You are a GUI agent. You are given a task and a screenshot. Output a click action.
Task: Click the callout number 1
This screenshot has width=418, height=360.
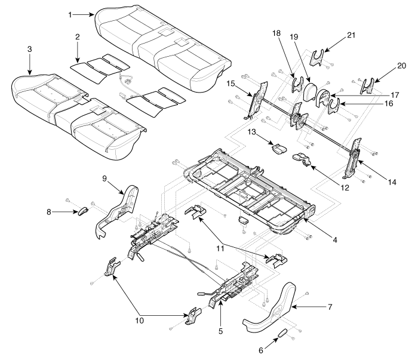coord(70,15)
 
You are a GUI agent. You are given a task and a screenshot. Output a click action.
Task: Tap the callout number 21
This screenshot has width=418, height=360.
coord(351,35)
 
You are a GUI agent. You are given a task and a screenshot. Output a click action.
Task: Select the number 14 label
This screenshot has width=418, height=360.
coord(392,182)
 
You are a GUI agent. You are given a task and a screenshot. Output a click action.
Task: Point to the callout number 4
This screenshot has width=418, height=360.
coord(335,240)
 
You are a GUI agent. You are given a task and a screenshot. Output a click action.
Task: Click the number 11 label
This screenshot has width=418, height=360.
coord(220,248)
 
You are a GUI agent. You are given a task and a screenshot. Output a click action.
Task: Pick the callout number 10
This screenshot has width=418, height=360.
coord(139,320)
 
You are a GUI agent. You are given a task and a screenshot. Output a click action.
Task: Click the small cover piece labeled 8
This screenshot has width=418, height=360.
coord(82,211)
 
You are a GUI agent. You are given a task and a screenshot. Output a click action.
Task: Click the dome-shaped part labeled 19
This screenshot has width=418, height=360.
coord(311,91)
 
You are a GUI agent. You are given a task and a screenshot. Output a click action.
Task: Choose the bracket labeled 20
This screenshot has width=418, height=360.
coord(368,86)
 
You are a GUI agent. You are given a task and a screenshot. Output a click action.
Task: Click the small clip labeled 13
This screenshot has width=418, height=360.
coord(279,149)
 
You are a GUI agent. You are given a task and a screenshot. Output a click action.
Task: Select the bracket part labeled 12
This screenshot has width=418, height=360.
coord(302,158)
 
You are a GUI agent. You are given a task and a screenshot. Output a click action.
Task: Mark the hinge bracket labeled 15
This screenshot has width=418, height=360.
coord(258,100)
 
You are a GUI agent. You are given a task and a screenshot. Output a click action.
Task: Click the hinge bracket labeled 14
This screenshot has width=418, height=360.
coord(352,158)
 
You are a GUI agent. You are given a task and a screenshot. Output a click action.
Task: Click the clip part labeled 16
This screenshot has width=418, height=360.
coord(333,106)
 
